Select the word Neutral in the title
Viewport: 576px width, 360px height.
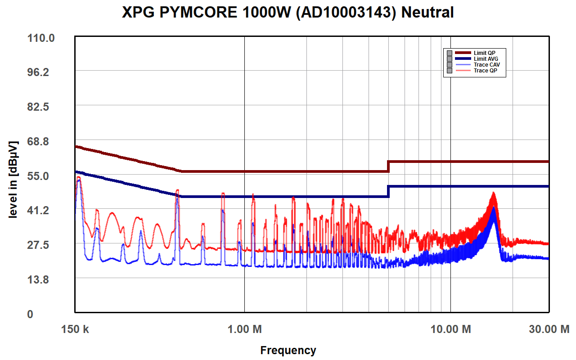(427, 13)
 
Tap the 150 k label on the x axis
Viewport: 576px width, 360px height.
(75, 329)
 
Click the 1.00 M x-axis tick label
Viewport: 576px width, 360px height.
(244, 329)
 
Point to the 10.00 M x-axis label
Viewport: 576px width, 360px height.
(451, 329)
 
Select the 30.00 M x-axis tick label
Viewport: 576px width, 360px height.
(549, 329)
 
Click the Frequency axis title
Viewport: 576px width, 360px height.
(288, 350)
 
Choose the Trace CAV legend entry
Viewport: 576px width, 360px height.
(486, 65)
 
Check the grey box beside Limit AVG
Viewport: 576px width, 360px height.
(449, 59)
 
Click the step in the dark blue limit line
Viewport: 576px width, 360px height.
(388, 191)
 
